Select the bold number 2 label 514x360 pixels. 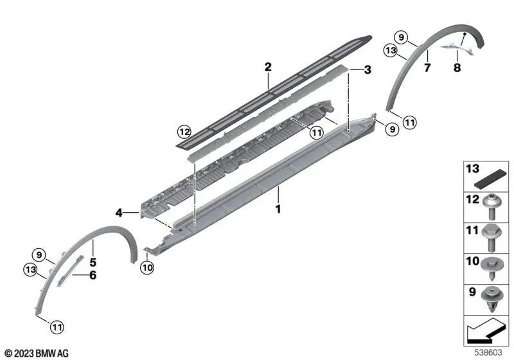tap(268, 66)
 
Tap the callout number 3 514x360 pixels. tap(368, 69)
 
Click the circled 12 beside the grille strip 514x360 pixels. tap(185, 132)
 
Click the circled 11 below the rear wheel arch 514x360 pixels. tap(409, 122)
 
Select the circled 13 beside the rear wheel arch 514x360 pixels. tap(390, 50)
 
